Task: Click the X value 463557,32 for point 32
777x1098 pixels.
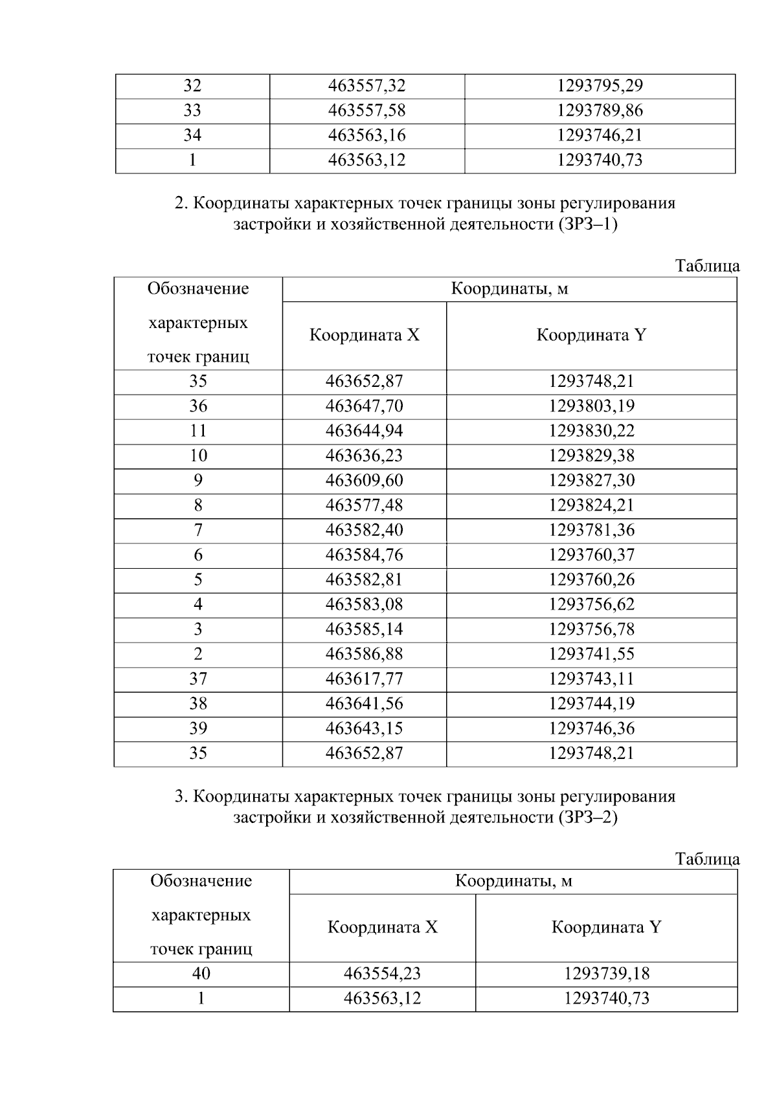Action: pyautogui.click(x=366, y=86)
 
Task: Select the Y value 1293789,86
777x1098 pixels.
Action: pyautogui.click(x=600, y=111)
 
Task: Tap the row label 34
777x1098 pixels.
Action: pyautogui.click(x=192, y=135)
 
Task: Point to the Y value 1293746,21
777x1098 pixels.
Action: pyautogui.click(x=600, y=135)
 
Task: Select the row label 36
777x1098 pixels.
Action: pyautogui.click(x=198, y=406)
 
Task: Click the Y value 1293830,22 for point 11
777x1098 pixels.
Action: pyautogui.click(x=592, y=431)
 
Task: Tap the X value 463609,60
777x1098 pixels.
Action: pyautogui.click(x=364, y=481)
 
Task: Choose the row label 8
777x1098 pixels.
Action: pyautogui.click(x=198, y=505)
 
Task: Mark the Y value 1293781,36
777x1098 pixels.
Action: pyautogui.click(x=592, y=531)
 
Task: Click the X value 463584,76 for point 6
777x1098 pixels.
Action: pyautogui.click(x=364, y=555)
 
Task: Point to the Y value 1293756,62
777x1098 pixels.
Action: pyautogui.click(x=592, y=605)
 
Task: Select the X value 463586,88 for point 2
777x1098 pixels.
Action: pyautogui.click(x=364, y=654)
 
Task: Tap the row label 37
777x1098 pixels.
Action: pyautogui.click(x=198, y=679)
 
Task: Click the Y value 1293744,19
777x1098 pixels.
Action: pyautogui.click(x=592, y=704)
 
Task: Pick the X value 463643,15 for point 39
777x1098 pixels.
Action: pyautogui.click(x=364, y=729)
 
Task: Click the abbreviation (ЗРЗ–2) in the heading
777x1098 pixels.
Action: pyautogui.click(x=587, y=818)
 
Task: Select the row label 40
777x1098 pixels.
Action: pyautogui.click(x=201, y=974)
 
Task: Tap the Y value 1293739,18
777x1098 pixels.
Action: pyautogui.click(x=607, y=974)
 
